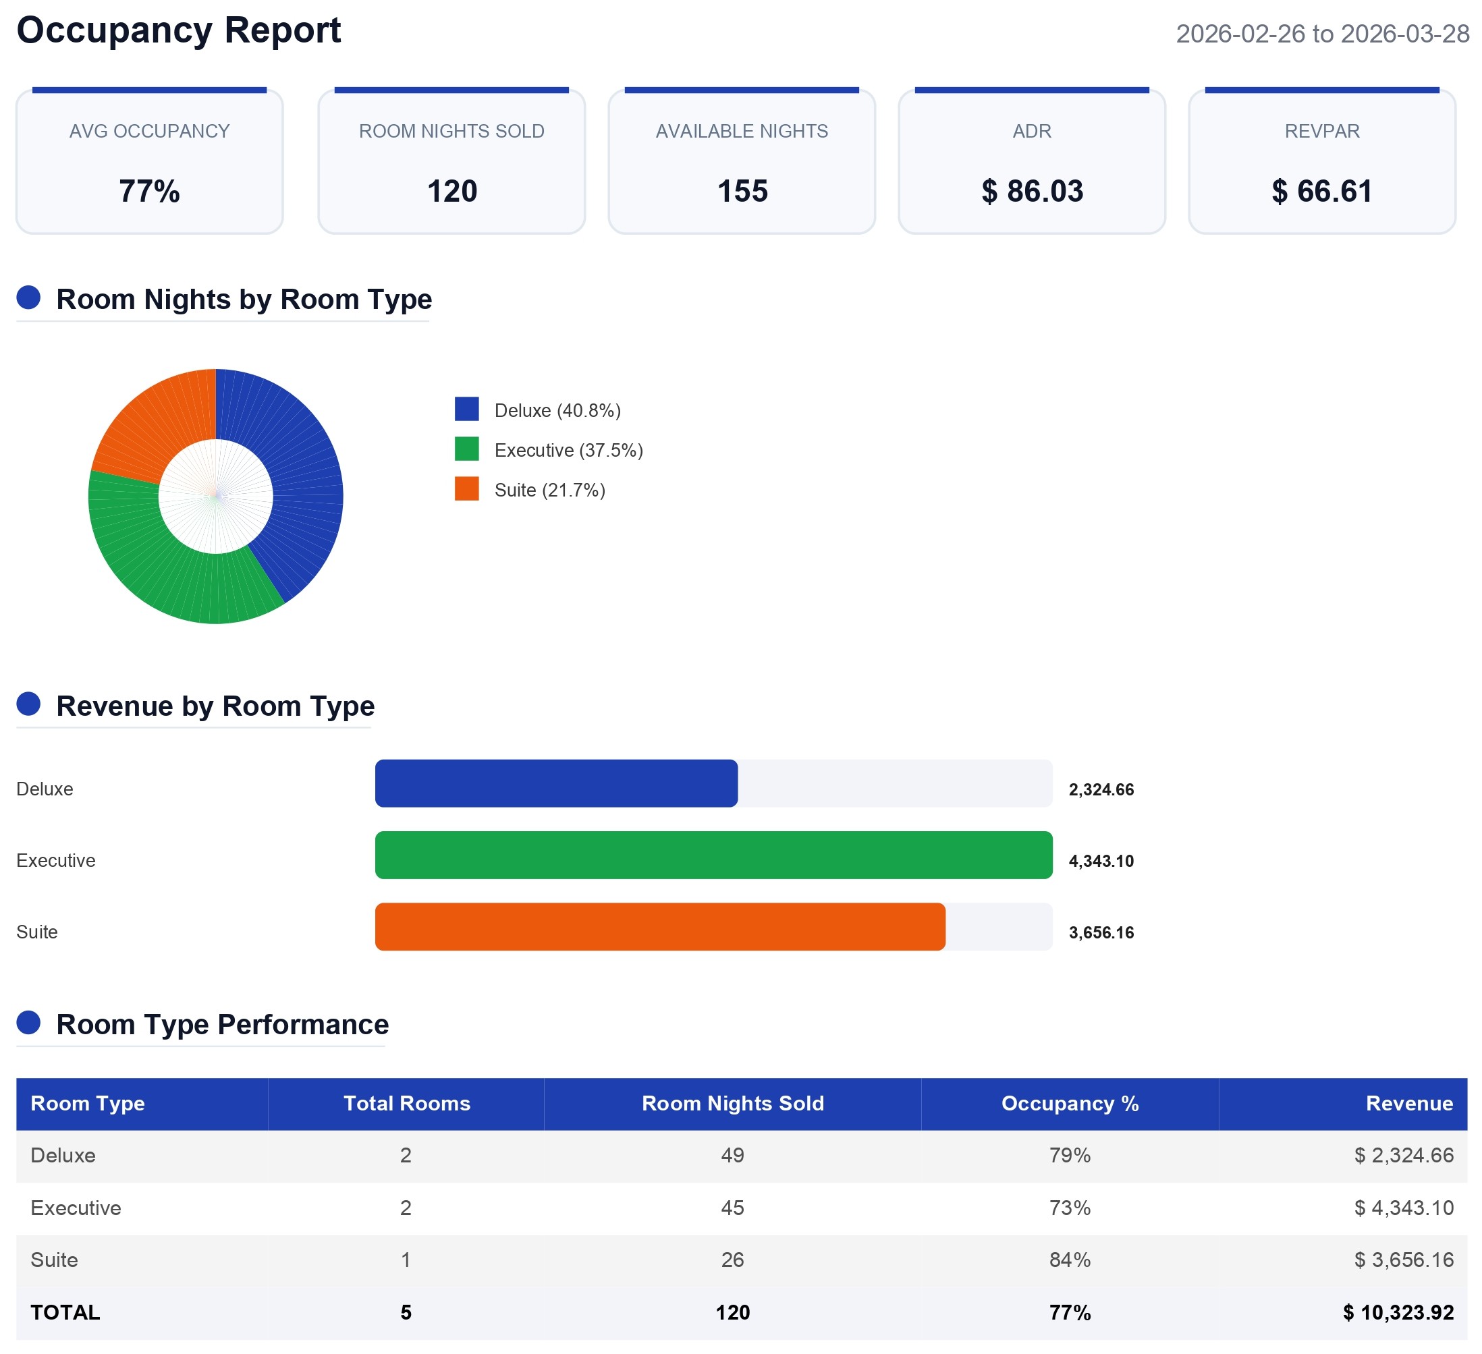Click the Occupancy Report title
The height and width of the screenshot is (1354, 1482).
pyautogui.click(x=179, y=31)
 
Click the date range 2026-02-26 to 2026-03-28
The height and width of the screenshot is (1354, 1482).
pyautogui.click(x=1322, y=34)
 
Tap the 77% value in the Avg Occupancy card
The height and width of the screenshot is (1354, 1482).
pyautogui.click(x=149, y=191)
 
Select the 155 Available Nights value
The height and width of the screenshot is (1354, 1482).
pyautogui.click(x=742, y=191)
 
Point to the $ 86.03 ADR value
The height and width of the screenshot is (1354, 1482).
pyautogui.click(x=1031, y=191)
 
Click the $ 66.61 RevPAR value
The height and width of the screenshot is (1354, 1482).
pyautogui.click(x=1322, y=191)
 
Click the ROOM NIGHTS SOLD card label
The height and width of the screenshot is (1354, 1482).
pyautogui.click(x=451, y=131)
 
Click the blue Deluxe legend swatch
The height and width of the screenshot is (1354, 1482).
pyautogui.click(x=467, y=409)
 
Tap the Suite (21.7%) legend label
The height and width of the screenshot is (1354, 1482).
pyautogui.click(x=550, y=490)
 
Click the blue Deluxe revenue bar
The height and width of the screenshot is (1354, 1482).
pyautogui.click(x=556, y=783)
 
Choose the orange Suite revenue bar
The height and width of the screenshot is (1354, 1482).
pyautogui.click(x=659, y=926)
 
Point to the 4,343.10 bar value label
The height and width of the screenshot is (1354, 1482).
pyautogui.click(x=1101, y=861)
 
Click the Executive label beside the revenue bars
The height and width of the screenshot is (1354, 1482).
pyautogui.click(x=56, y=860)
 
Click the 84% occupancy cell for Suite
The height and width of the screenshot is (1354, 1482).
pyautogui.click(x=1070, y=1260)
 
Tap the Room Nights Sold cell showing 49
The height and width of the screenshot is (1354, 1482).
pyautogui.click(x=732, y=1156)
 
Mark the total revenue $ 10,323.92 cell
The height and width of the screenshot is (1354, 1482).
pyautogui.click(x=1398, y=1313)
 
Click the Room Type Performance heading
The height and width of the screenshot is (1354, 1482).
pyautogui.click(x=222, y=1025)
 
